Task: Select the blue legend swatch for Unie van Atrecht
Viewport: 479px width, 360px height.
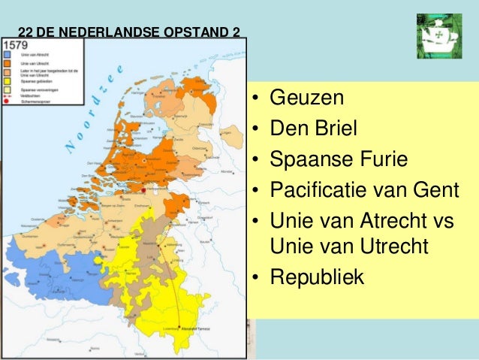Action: [x=7, y=54]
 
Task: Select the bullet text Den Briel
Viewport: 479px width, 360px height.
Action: [x=313, y=129]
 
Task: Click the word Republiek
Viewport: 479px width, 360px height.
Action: [x=317, y=277]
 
